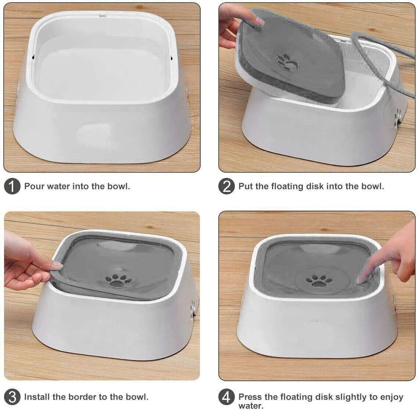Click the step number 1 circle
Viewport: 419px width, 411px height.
click(x=12, y=186)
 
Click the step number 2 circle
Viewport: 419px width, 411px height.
click(x=226, y=186)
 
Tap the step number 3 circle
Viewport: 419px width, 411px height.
click(x=12, y=397)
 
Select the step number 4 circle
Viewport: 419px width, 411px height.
click(x=226, y=397)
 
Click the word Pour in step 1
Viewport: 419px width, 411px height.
click(x=32, y=186)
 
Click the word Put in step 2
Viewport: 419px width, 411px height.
click(x=246, y=186)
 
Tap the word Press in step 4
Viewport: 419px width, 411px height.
click(x=250, y=397)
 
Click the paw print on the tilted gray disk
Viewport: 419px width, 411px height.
click(x=288, y=62)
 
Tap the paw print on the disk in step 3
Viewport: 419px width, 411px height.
click(x=118, y=281)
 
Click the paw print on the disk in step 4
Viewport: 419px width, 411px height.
click(x=319, y=281)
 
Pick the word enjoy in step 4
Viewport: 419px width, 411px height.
click(x=390, y=397)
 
